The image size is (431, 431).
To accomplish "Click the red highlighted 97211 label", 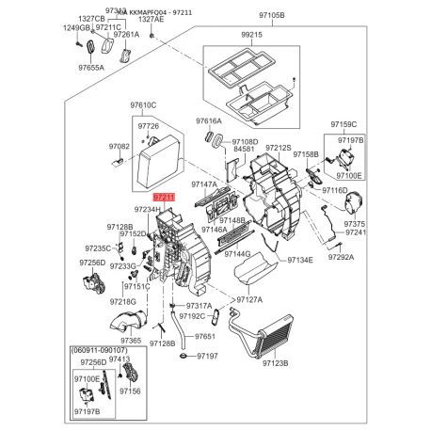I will coord(164,197).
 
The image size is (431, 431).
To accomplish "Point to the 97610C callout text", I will coord(144,104).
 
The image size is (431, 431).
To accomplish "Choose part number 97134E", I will coord(299,260).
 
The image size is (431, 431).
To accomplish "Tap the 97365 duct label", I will coord(130,340).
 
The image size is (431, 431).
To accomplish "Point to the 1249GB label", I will coord(77,27).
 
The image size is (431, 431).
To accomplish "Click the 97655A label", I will coord(91,67).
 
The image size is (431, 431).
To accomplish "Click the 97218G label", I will coord(121,301).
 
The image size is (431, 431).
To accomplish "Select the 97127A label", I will coord(250,300).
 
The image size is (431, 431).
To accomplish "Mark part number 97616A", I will coord(209,121).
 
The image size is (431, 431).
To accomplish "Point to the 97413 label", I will coord(120,359).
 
